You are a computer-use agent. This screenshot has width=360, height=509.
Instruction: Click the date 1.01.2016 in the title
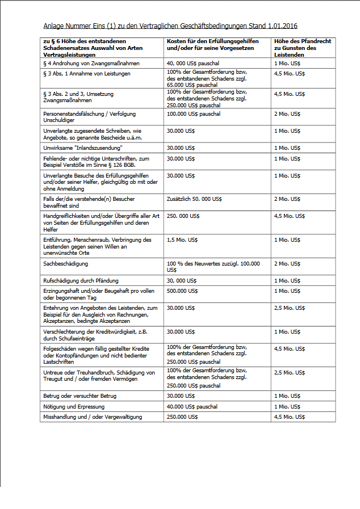(282, 26)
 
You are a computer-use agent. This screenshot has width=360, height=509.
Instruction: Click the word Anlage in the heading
(52, 26)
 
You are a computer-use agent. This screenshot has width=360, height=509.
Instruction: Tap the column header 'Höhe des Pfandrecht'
(303, 41)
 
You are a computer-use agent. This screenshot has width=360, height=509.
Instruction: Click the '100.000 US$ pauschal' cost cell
(194, 114)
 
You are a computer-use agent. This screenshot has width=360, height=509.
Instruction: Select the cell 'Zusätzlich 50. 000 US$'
(194, 199)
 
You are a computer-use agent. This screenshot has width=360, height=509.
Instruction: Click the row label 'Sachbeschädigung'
(65, 264)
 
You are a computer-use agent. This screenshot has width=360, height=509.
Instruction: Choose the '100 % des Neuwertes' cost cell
(213, 264)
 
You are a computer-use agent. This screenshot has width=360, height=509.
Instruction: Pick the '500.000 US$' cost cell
(182, 291)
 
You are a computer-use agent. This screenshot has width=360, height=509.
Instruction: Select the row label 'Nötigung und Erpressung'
(74, 406)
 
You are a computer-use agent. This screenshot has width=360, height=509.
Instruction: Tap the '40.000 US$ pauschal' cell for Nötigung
(192, 406)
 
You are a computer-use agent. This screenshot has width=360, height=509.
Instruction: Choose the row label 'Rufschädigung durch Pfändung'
(81, 281)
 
